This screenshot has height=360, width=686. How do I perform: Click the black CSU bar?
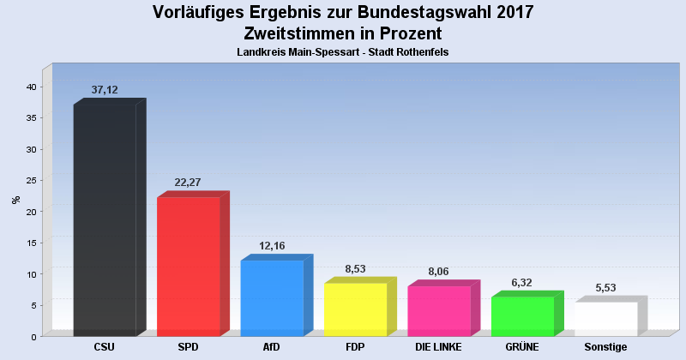click(105, 220)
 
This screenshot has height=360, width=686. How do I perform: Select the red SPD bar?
click(189, 267)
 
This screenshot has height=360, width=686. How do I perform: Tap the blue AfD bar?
click(272, 298)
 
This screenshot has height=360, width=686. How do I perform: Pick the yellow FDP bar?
click(355, 309)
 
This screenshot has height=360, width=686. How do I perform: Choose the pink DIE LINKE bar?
click(439, 311)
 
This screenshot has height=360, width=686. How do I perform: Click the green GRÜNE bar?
click(522, 316)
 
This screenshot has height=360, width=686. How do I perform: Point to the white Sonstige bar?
click(605, 319)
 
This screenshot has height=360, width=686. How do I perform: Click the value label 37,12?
click(105, 90)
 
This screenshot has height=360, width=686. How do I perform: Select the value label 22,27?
click(189, 183)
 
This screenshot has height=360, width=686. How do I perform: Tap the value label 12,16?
click(272, 246)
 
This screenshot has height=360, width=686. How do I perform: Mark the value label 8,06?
click(439, 272)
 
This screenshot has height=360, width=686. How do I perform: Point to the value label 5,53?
click(605, 288)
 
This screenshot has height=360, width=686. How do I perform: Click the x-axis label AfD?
click(272, 347)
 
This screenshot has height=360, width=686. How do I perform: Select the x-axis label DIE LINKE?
click(439, 347)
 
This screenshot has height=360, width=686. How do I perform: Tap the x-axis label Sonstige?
click(605, 347)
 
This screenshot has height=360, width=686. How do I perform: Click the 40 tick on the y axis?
click(30, 87)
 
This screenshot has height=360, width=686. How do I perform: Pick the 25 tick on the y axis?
click(30, 181)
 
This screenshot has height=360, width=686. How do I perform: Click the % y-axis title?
click(15, 200)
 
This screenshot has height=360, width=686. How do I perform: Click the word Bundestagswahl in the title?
click(401, 12)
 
